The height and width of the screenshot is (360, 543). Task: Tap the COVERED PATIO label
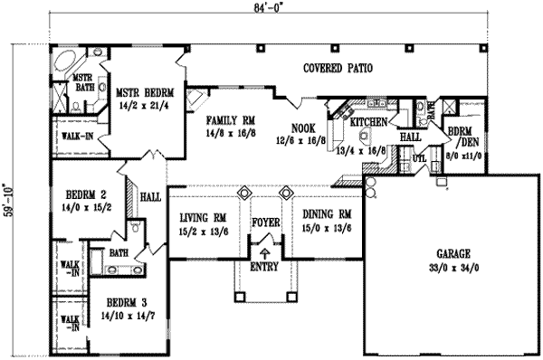[338, 68]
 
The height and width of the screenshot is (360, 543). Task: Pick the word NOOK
[301, 128]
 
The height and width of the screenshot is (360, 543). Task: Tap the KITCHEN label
[370, 121]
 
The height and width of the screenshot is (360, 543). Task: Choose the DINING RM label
[322, 213]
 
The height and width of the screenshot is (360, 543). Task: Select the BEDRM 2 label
[87, 194]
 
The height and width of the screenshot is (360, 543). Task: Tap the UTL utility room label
[419, 158]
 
